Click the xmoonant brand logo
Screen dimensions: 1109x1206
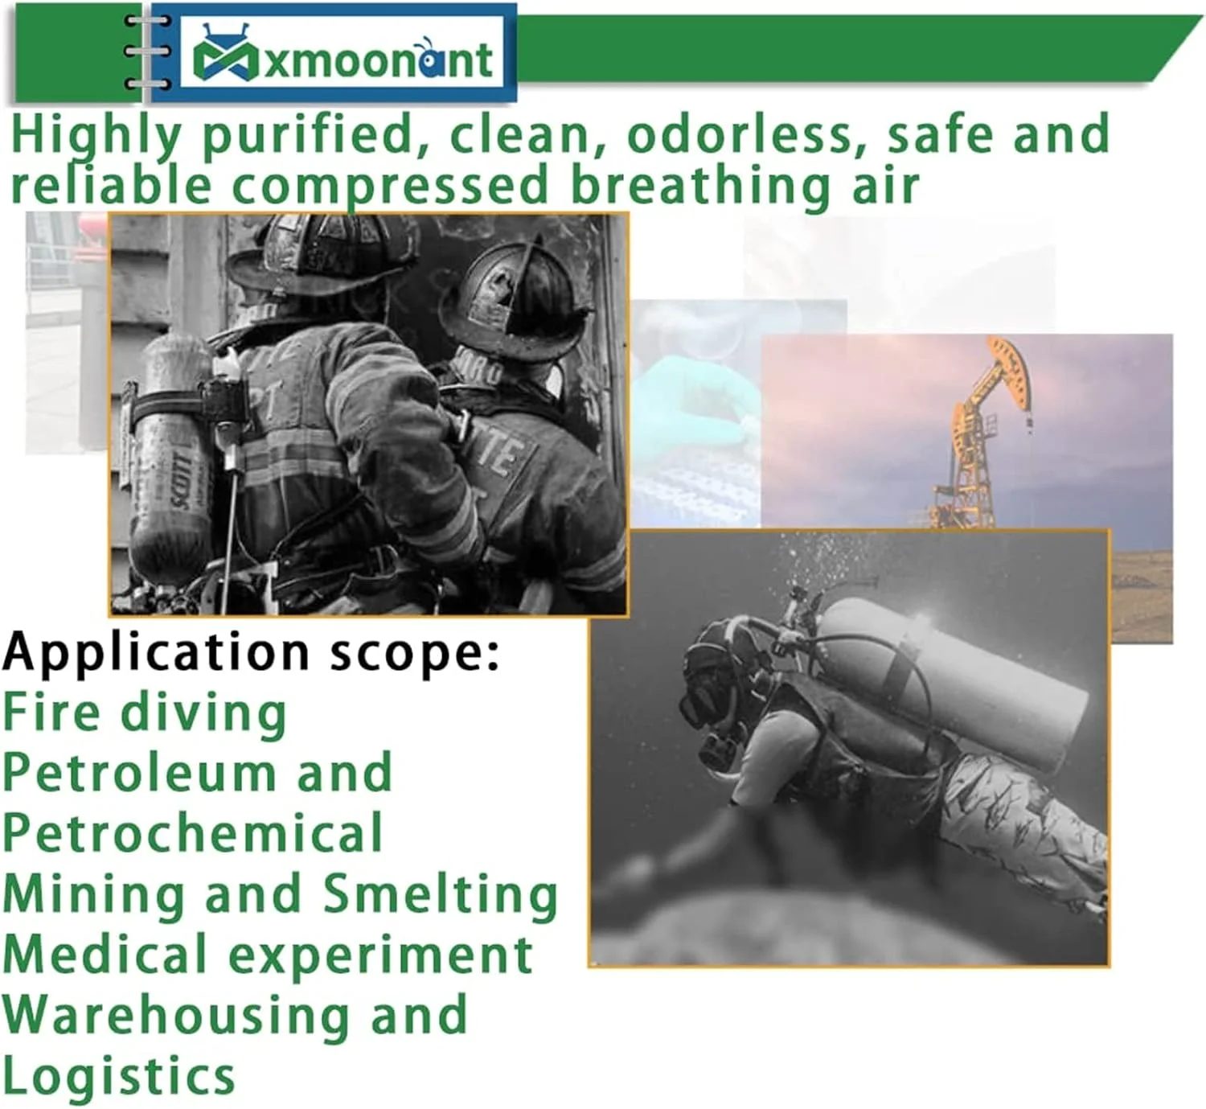(x=342, y=56)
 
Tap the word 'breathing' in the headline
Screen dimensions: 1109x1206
(x=699, y=185)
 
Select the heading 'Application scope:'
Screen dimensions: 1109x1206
(x=252, y=652)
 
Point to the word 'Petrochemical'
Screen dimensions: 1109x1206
(x=193, y=833)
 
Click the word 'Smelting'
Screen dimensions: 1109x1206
(x=441, y=894)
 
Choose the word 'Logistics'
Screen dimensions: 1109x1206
(x=119, y=1076)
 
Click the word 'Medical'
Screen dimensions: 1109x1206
(x=105, y=955)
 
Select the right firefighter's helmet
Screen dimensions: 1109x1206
(x=515, y=298)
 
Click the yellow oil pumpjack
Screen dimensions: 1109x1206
(x=981, y=434)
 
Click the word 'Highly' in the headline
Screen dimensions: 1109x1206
(x=95, y=134)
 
